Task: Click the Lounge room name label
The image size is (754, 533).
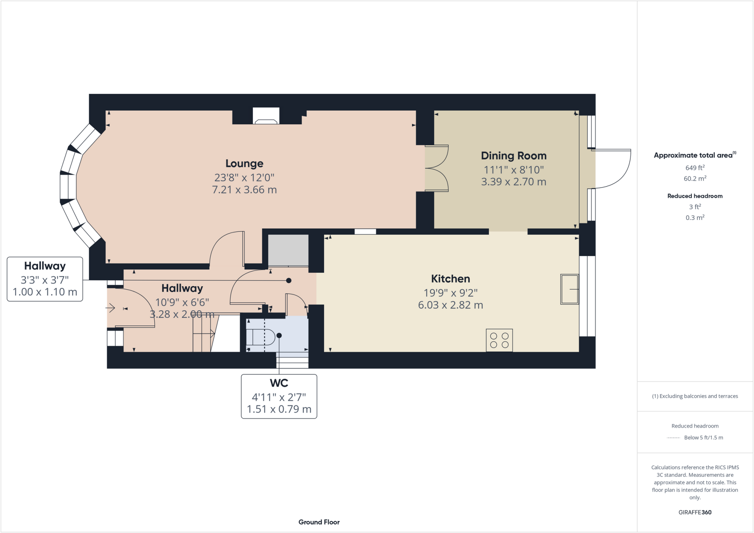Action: (x=244, y=163)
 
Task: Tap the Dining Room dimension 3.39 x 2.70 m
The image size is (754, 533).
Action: (x=514, y=182)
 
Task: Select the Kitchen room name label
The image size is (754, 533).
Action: (x=450, y=279)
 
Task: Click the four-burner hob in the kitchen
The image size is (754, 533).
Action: (x=499, y=340)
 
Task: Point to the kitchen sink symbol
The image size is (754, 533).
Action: (x=569, y=289)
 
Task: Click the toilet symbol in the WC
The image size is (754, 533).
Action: (x=260, y=337)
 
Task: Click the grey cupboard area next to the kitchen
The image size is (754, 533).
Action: (x=288, y=250)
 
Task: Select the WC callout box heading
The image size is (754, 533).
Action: (x=279, y=383)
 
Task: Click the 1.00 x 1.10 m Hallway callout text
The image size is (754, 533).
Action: (x=45, y=292)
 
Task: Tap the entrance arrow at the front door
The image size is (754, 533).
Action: (x=110, y=308)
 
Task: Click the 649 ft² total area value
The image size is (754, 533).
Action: (x=695, y=168)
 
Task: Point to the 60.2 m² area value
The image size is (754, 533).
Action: (x=695, y=179)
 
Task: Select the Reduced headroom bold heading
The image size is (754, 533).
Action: (x=695, y=196)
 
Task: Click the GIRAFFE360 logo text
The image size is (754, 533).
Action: (x=695, y=512)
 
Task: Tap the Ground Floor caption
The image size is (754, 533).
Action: (x=319, y=522)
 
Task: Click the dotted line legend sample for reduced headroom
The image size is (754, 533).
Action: (x=673, y=438)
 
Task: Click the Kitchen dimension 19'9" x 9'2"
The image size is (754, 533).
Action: (x=450, y=293)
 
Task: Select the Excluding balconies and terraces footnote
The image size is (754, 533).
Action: (x=695, y=396)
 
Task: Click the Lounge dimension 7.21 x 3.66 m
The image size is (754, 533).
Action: (x=244, y=190)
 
